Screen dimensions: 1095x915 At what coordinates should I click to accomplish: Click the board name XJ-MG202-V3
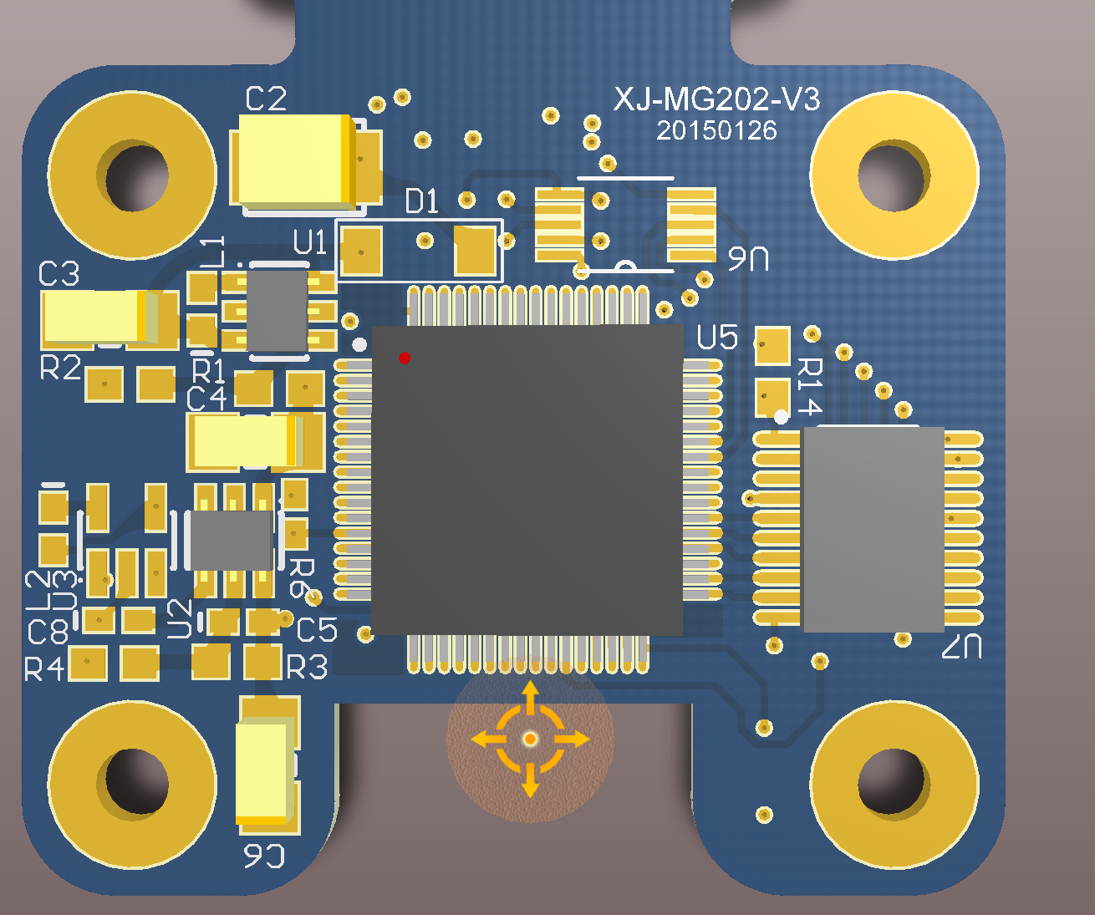click(716, 99)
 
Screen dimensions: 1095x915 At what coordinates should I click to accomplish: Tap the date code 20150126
click(716, 130)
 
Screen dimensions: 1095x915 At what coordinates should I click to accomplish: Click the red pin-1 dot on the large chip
click(405, 358)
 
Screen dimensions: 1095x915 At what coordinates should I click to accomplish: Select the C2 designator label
click(266, 99)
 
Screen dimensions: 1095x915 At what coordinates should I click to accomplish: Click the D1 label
click(422, 201)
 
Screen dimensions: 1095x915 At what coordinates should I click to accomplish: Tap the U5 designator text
click(717, 337)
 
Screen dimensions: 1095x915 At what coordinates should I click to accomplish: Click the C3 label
click(59, 273)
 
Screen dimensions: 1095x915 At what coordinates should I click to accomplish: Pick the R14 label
click(810, 387)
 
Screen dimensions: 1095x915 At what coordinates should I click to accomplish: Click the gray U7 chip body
click(873, 530)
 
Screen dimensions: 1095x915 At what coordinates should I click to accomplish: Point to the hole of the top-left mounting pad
click(137, 178)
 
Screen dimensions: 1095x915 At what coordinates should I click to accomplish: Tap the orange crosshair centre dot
click(530, 740)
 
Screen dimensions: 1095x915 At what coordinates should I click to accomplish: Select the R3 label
click(307, 667)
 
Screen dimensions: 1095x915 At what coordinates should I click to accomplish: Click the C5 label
click(317, 630)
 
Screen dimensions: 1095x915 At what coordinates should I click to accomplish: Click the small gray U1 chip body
click(277, 311)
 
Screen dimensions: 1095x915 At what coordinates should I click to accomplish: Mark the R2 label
click(60, 367)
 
